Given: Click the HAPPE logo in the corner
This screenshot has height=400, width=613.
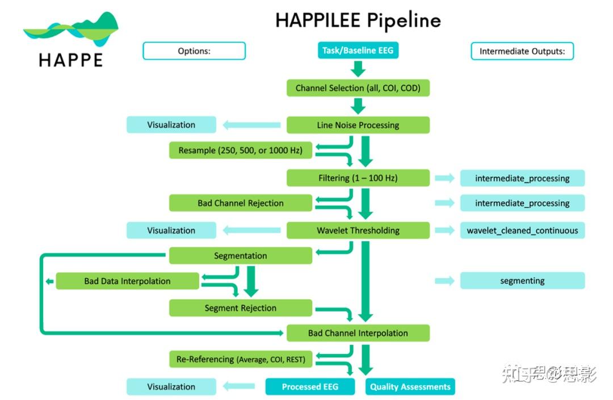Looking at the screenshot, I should (x=71, y=40).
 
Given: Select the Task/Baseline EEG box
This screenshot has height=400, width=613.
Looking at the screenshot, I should (x=358, y=50).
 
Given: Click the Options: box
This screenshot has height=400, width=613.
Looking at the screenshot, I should (x=194, y=51).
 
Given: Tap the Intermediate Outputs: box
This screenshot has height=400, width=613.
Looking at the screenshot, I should (x=522, y=51).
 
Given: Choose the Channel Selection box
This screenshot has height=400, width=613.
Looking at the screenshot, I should (x=358, y=88).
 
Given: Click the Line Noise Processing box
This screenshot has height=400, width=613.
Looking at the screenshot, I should (x=358, y=125).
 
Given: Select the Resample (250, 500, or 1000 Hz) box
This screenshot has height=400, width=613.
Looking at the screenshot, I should (x=241, y=150).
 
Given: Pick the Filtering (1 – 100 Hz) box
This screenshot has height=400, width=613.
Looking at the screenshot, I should (x=358, y=178).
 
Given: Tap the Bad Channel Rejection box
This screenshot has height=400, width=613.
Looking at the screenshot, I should (x=241, y=203).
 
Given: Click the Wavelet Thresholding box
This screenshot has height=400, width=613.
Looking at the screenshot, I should (x=358, y=230).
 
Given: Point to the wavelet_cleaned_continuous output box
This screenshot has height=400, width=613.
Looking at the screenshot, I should (x=522, y=230).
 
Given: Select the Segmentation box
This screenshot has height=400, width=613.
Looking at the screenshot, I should (x=241, y=256).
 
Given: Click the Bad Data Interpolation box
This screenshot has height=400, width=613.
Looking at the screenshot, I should (x=127, y=281).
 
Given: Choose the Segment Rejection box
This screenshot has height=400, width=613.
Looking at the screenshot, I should (x=241, y=308).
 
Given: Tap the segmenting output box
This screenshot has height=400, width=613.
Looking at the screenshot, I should (x=522, y=281).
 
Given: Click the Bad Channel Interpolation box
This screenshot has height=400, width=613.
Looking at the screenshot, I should (x=358, y=333).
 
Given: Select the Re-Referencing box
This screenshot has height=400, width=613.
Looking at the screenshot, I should (x=241, y=359).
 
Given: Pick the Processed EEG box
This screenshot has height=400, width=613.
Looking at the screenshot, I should (x=310, y=387).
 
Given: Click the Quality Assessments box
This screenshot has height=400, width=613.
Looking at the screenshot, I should (x=410, y=387).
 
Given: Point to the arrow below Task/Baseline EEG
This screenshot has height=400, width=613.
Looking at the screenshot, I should (x=358, y=69).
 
